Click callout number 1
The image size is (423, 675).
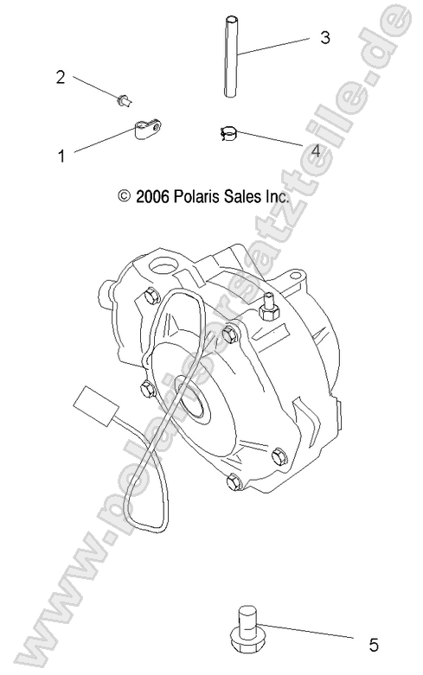tap(61, 156)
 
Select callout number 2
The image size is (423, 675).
tap(61, 77)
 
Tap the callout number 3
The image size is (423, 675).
tap(324, 38)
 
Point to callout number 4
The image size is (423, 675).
tap(316, 150)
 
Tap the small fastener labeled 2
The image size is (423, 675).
tap(122, 102)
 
